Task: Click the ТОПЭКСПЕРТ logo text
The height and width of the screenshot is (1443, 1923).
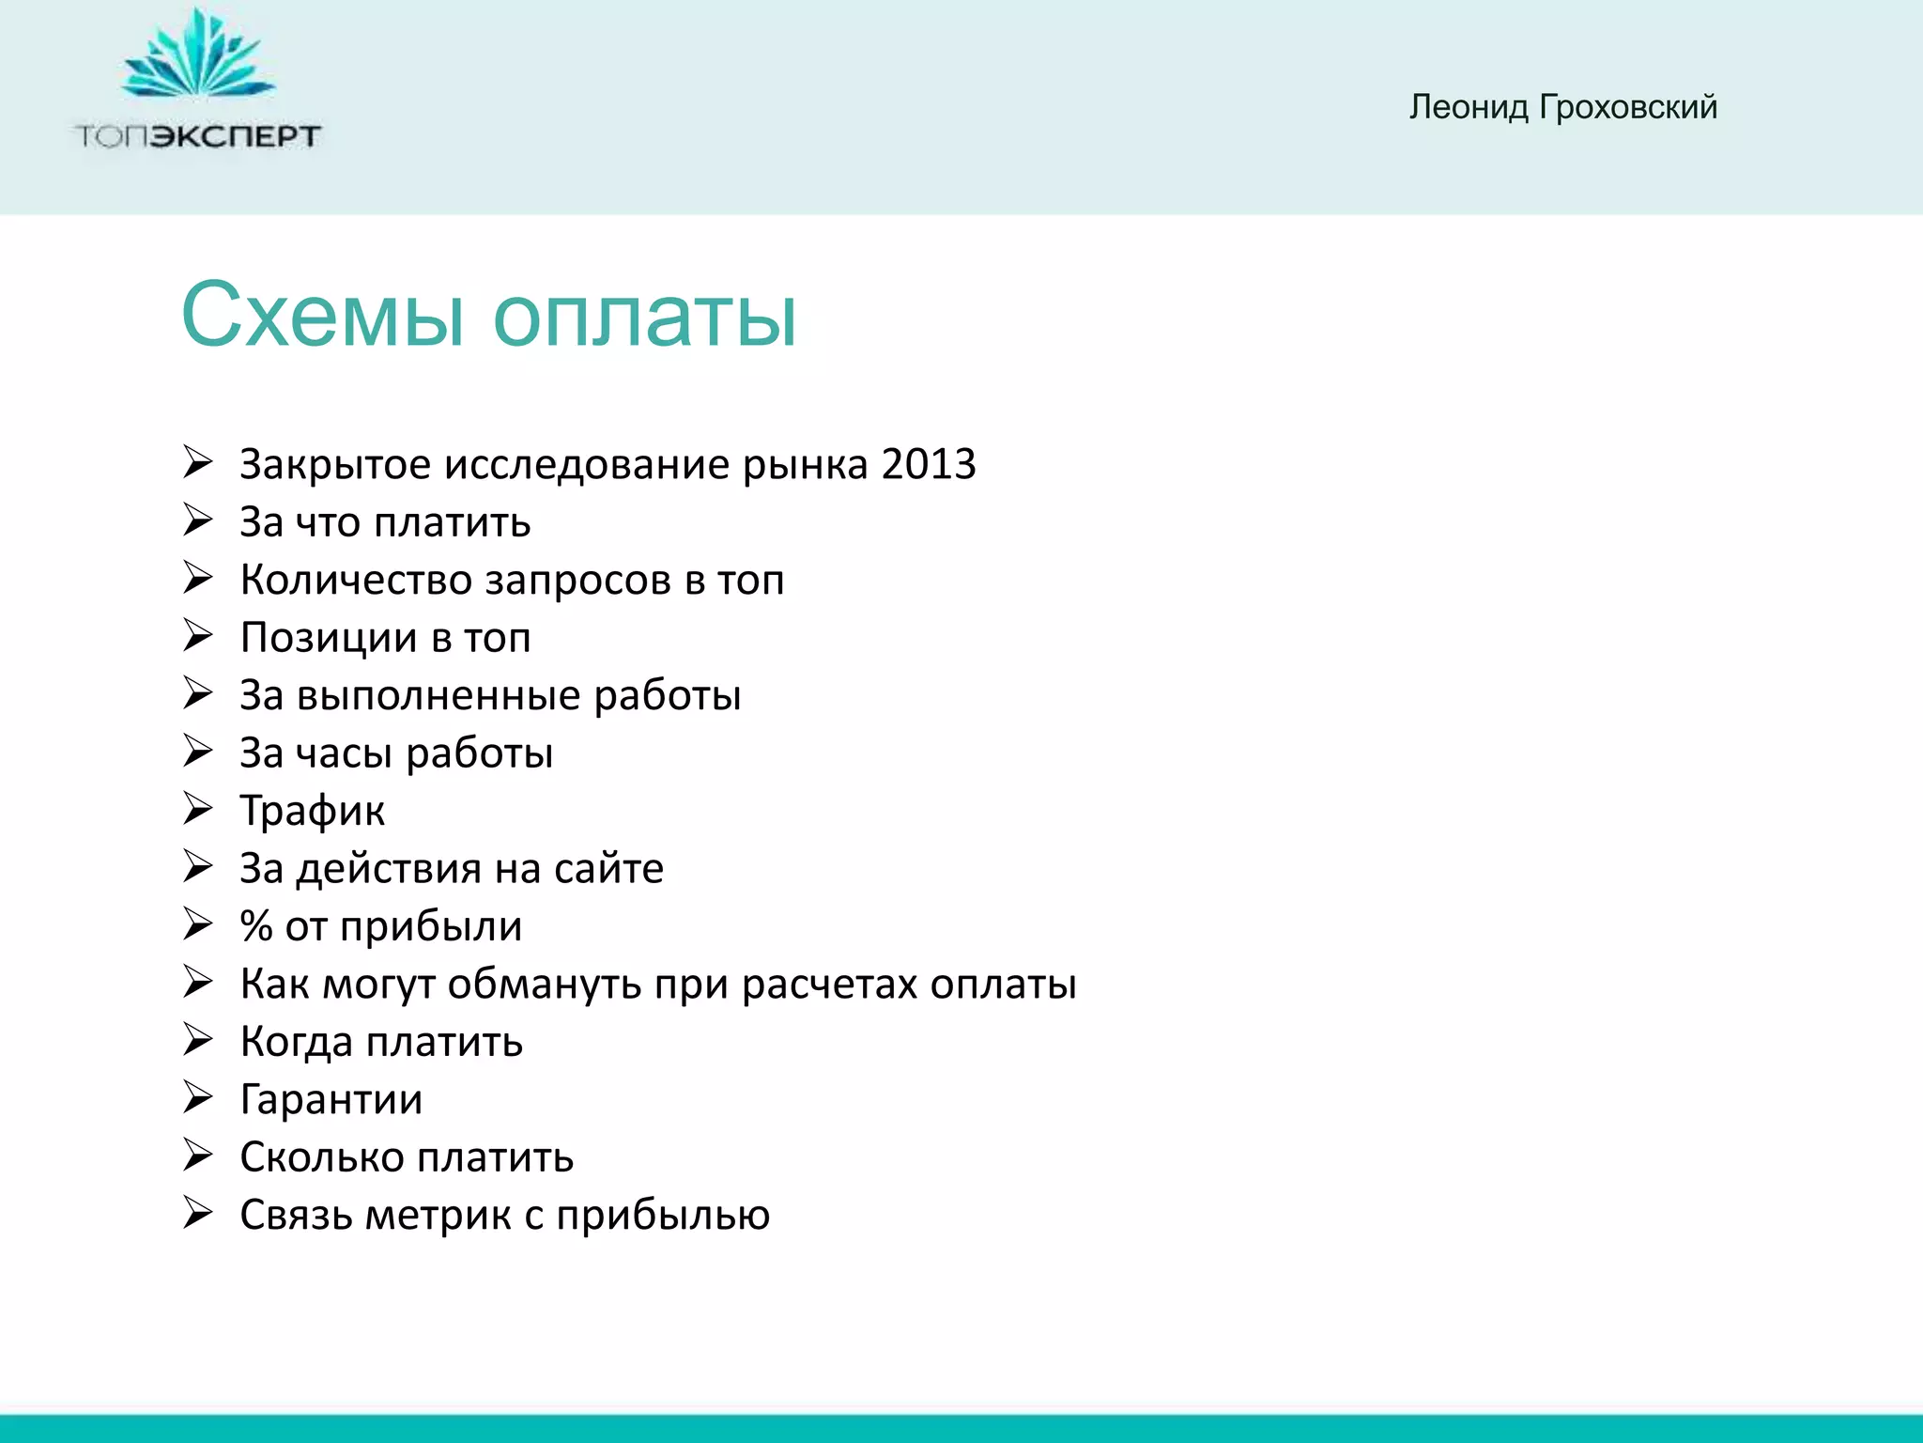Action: [198, 137]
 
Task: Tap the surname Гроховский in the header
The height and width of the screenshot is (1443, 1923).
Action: [1627, 107]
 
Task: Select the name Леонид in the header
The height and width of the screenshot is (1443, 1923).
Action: [1469, 107]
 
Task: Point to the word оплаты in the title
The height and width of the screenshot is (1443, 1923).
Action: [644, 317]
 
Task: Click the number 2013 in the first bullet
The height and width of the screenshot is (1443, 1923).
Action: [929, 464]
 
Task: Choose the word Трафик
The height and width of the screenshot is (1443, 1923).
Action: [312, 812]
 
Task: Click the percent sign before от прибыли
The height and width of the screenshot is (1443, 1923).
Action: [255, 926]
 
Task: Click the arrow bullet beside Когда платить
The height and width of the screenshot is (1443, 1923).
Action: [198, 1041]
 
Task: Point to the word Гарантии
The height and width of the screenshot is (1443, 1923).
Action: [331, 1100]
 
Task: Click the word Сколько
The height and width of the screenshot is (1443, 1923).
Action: [321, 1157]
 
